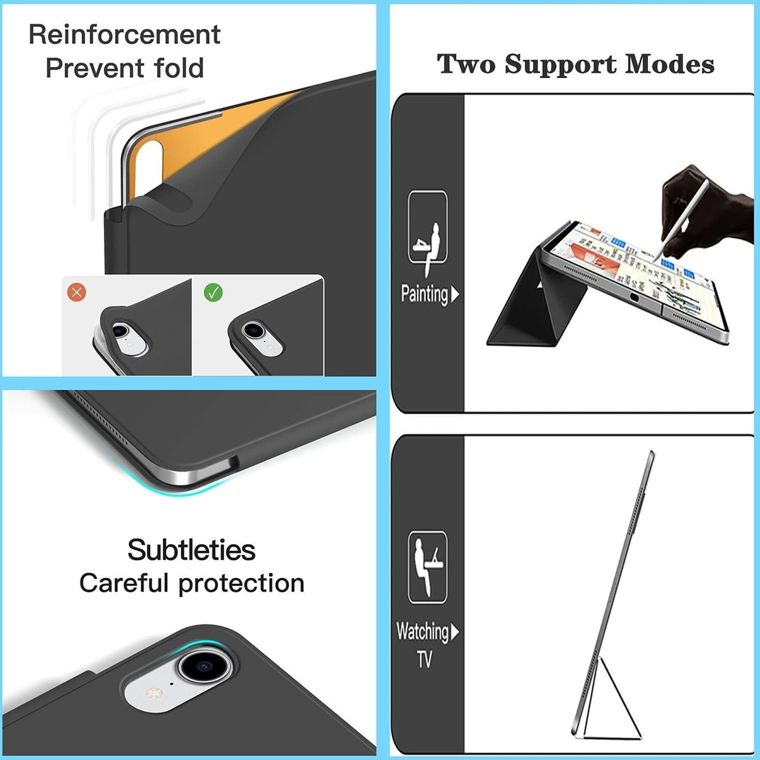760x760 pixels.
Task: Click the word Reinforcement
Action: coord(124,35)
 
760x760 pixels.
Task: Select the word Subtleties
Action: coord(192,550)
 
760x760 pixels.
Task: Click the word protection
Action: coord(241,584)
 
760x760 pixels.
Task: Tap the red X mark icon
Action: coord(77,292)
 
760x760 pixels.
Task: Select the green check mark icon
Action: coord(213,292)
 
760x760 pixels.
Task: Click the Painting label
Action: coord(424,294)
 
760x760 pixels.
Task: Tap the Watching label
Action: coord(422,632)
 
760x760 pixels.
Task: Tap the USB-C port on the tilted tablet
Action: coord(634,298)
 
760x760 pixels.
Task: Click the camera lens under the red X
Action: coord(120,330)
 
